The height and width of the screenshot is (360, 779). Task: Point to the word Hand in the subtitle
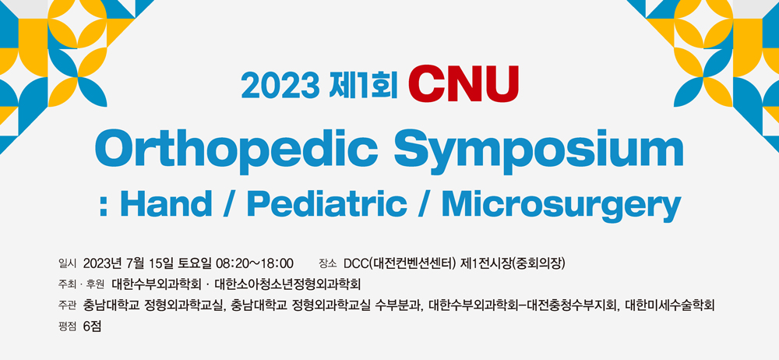pyautogui.click(x=172, y=204)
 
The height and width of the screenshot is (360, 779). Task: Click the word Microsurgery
pyautogui.click(x=559, y=206)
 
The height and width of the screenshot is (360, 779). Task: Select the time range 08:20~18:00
pyautogui.click(x=255, y=263)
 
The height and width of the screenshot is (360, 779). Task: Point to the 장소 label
pyautogui.click(x=329, y=263)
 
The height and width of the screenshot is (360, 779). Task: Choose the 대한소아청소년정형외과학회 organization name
pyautogui.click(x=287, y=285)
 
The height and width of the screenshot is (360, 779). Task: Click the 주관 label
pyautogui.click(x=66, y=305)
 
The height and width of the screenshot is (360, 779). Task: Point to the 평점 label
pyautogui.click(x=66, y=327)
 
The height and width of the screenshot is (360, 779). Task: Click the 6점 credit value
pyautogui.click(x=93, y=327)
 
